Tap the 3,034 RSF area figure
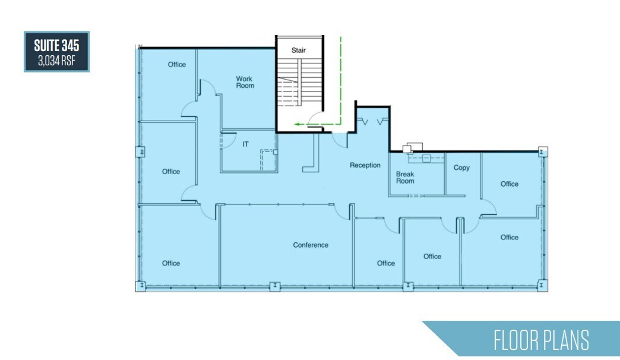tap(56, 60)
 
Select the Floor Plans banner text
tap(541, 340)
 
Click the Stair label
tap(298, 50)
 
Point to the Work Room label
tap(245, 82)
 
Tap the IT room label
tap(245, 144)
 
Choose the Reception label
tap(365, 165)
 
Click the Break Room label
tap(405, 178)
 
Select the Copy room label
tap(461, 168)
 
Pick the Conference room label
tap(311, 245)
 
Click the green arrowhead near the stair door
tap(297, 125)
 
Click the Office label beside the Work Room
tap(177, 64)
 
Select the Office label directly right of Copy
tap(509, 184)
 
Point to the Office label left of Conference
tap(170, 263)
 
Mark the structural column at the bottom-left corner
tap(141, 286)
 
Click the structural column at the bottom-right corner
tap(542, 286)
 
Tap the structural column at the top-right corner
tap(542, 151)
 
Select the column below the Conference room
tap(274, 286)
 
